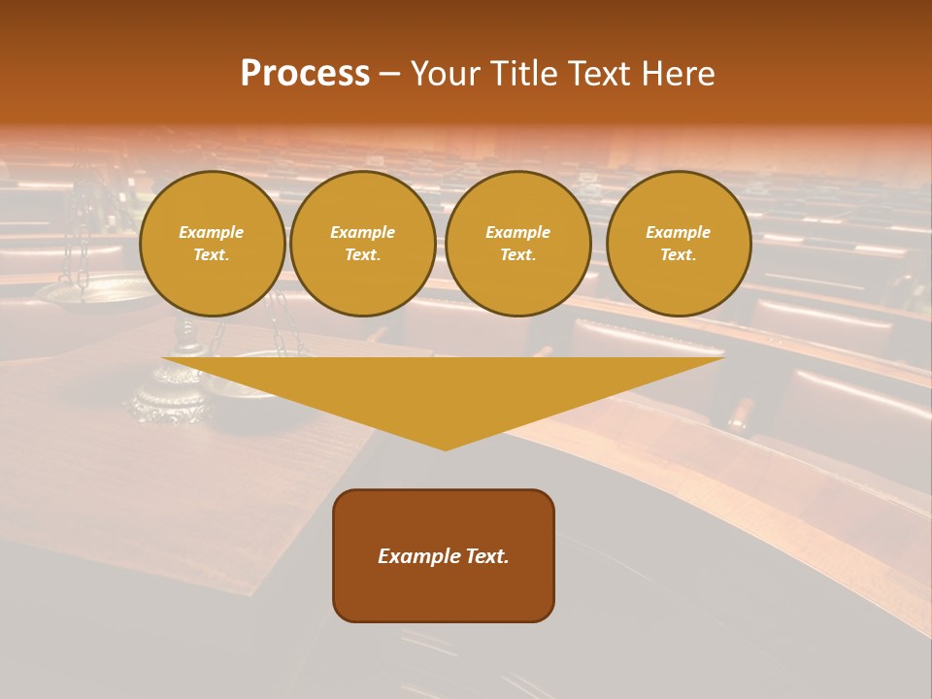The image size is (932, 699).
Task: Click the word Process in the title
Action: (305, 74)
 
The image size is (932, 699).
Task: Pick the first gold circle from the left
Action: (212, 244)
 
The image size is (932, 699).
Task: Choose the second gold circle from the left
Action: (363, 244)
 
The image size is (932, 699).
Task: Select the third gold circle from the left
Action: (518, 244)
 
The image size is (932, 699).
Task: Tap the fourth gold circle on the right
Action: (679, 244)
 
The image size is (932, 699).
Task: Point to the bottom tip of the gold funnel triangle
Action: (445, 449)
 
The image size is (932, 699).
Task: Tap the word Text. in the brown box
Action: (486, 556)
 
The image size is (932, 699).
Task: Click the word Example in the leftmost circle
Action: (212, 232)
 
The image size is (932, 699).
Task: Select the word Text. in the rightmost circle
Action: (679, 255)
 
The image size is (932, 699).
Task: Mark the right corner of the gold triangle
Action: (722, 359)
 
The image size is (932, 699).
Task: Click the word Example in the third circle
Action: (518, 232)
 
